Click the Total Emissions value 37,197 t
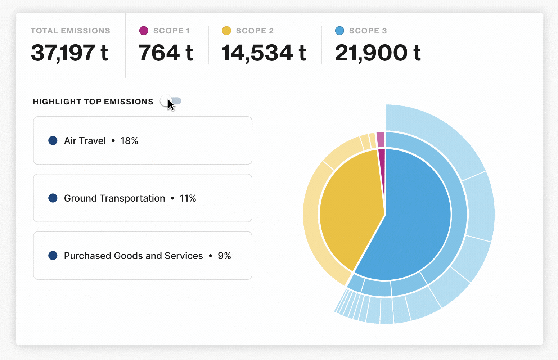(x=69, y=53)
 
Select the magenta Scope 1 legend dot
(x=144, y=31)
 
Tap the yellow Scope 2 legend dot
(x=226, y=31)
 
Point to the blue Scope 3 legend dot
(x=339, y=31)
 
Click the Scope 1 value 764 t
(x=166, y=53)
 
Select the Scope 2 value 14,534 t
(x=264, y=53)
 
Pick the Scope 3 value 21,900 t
(x=378, y=53)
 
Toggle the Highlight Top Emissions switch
(x=171, y=101)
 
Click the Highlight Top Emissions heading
(x=93, y=102)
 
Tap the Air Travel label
(x=85, y=141)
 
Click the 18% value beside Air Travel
(x=129, y=141)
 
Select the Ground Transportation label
(x=114, y=198)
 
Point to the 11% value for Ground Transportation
(x=188, y=198)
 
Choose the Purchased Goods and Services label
(x=134, y=256)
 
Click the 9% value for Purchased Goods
(x=224, y=256)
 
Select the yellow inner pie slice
(x=349, y=209)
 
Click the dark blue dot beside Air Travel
(x=53, y=141)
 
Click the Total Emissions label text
(x=71, y=31)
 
